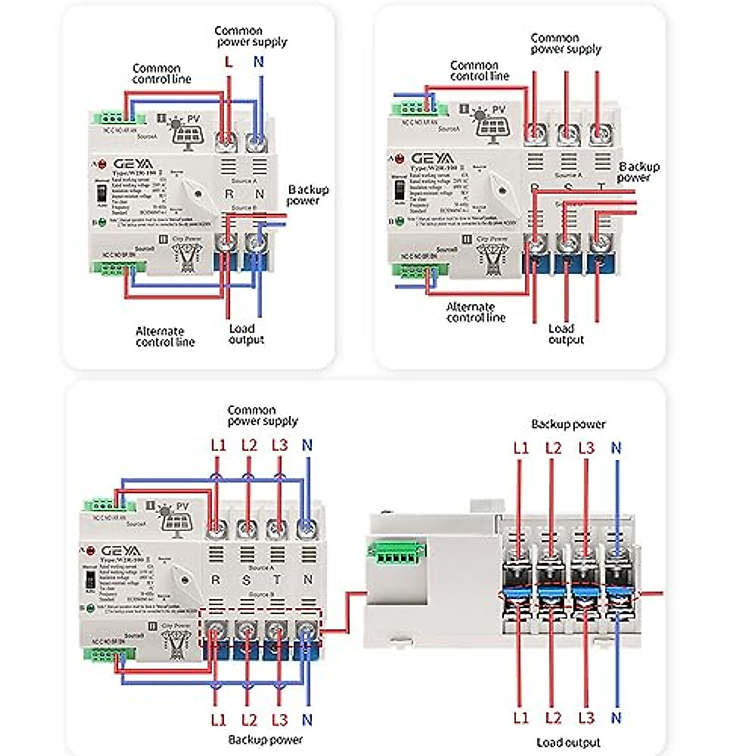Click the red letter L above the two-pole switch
228,62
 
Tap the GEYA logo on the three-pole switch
432,158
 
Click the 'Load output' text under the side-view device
568,743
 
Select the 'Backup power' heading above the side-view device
568,424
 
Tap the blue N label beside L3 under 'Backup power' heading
616,448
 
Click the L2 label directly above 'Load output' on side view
553,718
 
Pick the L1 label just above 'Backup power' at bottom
218,719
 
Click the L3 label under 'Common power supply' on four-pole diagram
279,445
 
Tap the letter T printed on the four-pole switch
277,579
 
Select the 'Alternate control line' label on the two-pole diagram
165,336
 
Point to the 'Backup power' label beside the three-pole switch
638,172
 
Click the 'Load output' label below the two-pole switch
245,334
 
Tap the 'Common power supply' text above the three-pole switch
564,43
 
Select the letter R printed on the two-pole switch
229,195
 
